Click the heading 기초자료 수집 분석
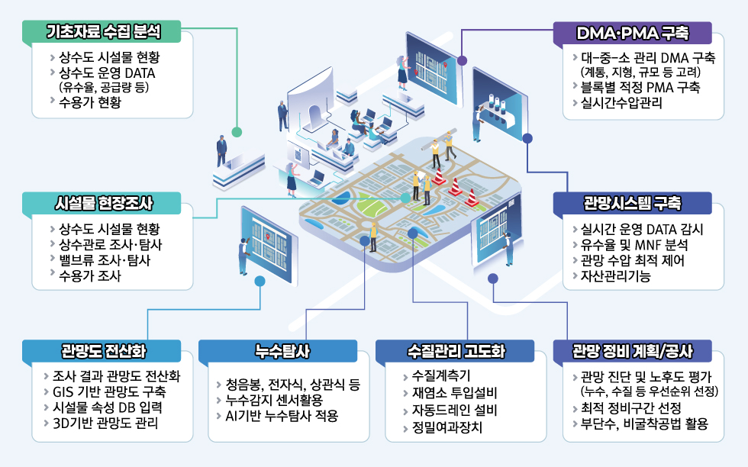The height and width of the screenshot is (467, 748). (x=103, y=31)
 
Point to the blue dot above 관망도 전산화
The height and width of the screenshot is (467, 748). (x=260, y=281)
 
